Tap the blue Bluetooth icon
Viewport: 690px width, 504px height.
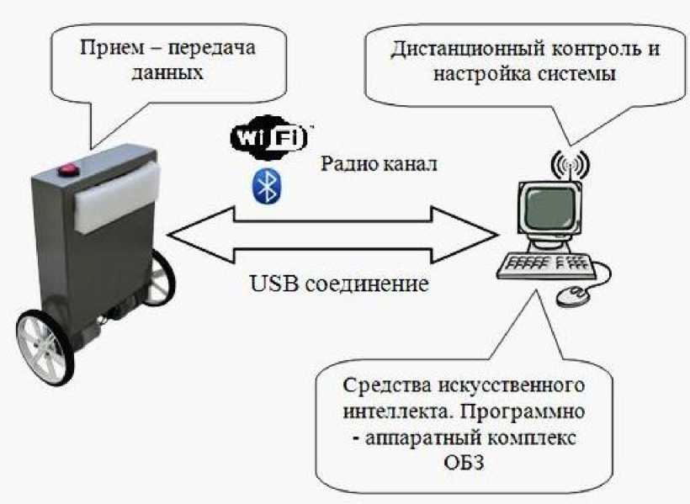click(x=267, y=186)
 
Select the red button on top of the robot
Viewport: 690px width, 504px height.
click(x=67, y=173)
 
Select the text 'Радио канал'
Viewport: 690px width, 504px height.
click(x=378, y=163)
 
